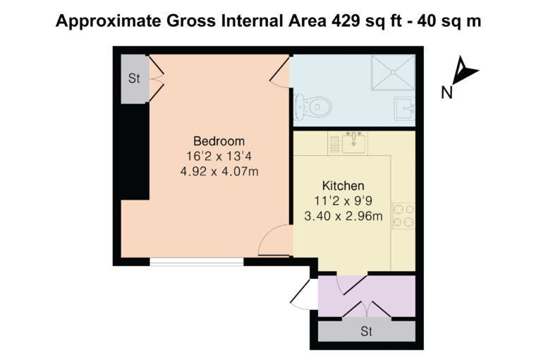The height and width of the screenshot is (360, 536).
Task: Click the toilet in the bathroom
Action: tap(312, 107)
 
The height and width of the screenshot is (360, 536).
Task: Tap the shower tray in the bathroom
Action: tap(393, 72)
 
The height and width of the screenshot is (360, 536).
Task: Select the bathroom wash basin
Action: tap(405, 109)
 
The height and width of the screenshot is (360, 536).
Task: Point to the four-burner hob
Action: tap(403, 216)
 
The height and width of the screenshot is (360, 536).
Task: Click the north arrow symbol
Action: tap(464, 71)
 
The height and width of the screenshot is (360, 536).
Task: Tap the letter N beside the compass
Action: tap(446, 92)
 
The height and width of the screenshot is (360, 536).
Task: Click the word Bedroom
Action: tap(219, 141)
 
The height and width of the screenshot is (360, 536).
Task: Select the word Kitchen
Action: tap(343, 186)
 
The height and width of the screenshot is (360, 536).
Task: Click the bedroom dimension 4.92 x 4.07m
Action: tap(219, 171)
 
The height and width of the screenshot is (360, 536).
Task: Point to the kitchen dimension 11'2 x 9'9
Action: tap(343, 201)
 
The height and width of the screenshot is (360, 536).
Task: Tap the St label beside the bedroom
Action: tap(134, 78)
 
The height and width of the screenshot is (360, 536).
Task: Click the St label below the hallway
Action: tap(366, 331)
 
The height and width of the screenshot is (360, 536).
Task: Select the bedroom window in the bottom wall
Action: tap(197, 262)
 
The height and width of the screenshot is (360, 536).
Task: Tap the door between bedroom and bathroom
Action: tap(280, 72)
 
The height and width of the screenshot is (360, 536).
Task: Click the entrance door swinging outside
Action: tap(304, 294)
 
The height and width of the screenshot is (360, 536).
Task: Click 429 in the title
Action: tap(346, 21)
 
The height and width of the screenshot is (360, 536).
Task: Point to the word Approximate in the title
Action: tap(108, 21)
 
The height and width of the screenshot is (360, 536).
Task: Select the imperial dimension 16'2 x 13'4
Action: tap(219, 156)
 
